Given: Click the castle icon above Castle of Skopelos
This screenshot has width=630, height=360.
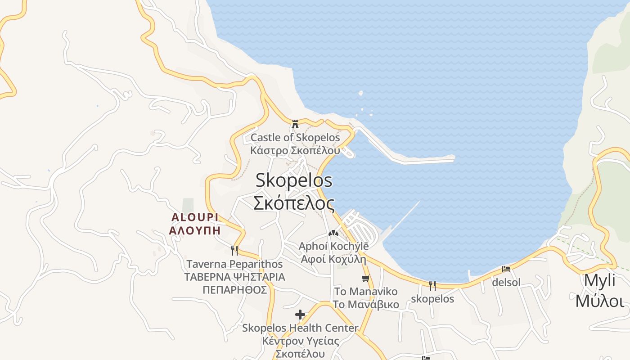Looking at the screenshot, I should (295, 124).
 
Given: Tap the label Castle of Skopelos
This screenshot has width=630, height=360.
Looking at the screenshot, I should (295, 137).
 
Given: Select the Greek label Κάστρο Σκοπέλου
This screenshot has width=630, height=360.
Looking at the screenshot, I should (295, 150).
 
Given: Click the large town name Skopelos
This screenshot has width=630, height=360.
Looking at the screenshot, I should (294, 180).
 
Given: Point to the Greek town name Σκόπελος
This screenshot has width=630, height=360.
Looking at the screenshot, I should (294, 203).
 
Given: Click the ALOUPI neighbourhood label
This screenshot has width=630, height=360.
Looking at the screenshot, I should (195, 217).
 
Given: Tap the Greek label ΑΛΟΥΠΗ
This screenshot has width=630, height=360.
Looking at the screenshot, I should (195, 231).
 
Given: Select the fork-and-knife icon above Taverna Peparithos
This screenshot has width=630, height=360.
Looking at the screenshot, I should (234, 250).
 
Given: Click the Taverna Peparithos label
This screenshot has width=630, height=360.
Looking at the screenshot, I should (234, 264).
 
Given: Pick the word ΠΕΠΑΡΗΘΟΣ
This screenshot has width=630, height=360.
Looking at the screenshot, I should (234, 289).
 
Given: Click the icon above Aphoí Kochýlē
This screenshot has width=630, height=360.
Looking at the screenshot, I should (333, 233).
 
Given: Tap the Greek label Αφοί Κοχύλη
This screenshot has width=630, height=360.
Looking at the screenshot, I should (333, 259).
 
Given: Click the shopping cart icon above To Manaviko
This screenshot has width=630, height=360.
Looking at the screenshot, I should (365, 279).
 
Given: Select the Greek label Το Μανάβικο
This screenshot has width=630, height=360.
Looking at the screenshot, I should (366, 305).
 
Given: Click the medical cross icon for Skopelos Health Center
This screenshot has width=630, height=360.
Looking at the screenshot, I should (300, 314).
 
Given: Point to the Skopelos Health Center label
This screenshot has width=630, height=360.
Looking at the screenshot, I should (300, 328).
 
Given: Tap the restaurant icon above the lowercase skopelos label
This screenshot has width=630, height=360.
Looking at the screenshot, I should (432, 285).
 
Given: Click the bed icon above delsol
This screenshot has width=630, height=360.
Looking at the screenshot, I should (506, 269).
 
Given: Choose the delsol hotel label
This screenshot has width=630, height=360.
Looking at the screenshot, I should (506, 283).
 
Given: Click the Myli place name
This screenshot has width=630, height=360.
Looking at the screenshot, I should (599, 280).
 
